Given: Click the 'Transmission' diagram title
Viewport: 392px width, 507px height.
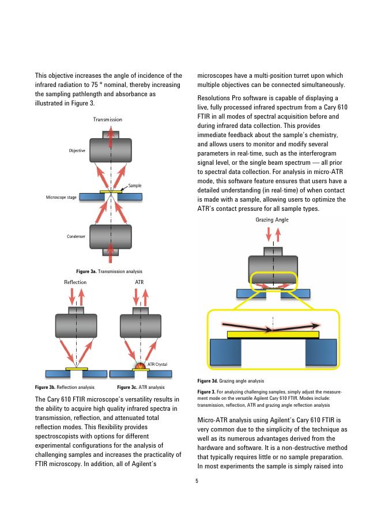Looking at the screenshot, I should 108,119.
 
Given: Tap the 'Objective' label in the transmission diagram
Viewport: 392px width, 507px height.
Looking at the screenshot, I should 77,151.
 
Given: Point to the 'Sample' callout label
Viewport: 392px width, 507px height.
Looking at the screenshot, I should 135,186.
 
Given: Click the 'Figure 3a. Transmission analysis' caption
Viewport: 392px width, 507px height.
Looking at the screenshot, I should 109,271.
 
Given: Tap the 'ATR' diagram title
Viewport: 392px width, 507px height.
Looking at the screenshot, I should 139,282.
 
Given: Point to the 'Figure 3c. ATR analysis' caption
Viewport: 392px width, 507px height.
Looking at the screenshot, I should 141,387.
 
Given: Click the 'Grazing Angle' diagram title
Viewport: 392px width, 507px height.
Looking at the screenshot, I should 272,220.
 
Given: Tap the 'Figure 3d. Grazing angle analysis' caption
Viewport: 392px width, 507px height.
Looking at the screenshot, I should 231,381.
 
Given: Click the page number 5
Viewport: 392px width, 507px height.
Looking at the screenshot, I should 196,480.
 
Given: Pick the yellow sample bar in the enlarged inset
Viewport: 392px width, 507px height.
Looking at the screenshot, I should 273,334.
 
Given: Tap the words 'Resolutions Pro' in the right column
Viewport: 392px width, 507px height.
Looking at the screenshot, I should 219,99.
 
